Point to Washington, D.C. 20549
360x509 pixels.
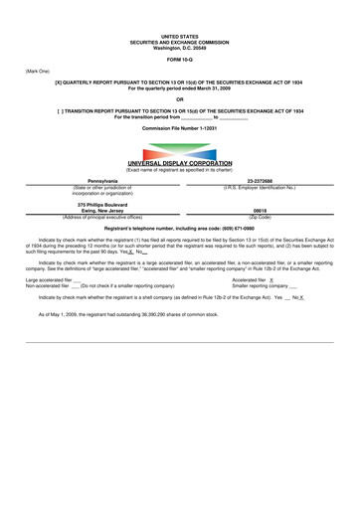179,47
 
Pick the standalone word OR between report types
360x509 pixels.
179,98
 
